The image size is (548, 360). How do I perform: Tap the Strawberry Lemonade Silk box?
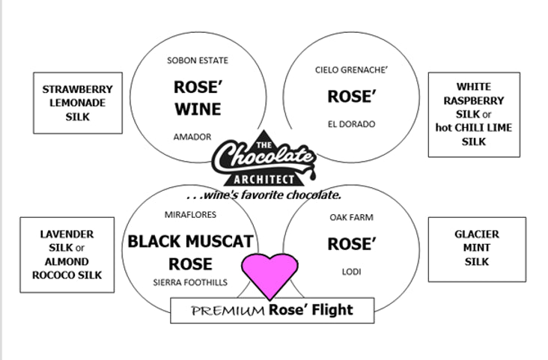78,103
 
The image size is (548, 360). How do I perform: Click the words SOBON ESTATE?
198,61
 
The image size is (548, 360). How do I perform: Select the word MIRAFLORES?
190,215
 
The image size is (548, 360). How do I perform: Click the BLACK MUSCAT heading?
190,242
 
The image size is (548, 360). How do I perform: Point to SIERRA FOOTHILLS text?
190,282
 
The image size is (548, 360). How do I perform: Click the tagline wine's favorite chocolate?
264,195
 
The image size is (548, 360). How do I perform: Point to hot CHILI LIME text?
473,128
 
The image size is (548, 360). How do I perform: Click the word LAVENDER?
67,234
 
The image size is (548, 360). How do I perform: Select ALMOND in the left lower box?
67,262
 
